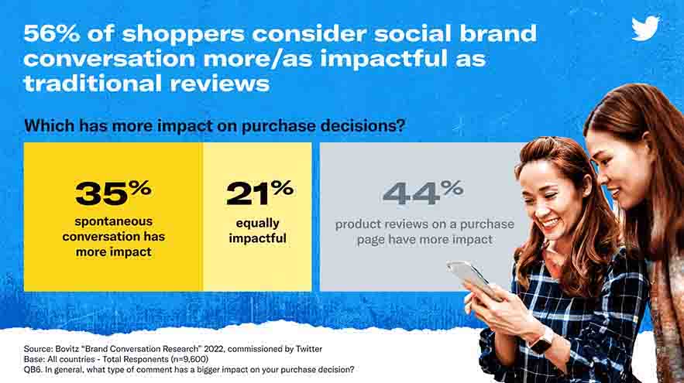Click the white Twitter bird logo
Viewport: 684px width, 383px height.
[x=645, y=29]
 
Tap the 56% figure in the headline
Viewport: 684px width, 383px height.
[x=51, y=33]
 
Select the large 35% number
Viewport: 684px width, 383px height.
[x=113, y=193]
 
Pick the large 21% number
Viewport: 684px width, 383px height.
[x=260, y=193]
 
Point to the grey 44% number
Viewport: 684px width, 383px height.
[x=423, y=193]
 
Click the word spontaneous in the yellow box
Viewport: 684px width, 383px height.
[x=113, y=221]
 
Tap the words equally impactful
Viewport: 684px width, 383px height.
[x=257, y=231]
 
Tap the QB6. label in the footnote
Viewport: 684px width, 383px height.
[x=33, y=370]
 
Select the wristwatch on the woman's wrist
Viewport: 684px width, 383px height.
[x=541, y=342]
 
